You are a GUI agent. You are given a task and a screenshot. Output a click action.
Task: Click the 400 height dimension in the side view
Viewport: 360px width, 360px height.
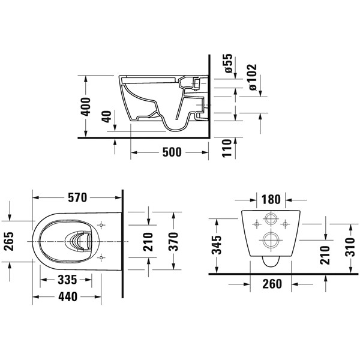(x=86, y=107)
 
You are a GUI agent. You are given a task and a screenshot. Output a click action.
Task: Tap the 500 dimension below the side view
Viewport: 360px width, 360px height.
(x=172, y=152)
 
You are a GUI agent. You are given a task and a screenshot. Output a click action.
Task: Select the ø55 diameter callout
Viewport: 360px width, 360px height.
(x=229, y=64)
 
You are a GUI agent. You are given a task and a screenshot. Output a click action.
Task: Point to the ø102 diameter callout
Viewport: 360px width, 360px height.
(x=253, y=77)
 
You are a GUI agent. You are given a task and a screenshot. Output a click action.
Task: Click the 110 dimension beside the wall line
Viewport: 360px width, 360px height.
(x=227, y=148)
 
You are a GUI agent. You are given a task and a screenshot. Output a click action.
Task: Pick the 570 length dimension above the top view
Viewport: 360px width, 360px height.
(x=77, y=197)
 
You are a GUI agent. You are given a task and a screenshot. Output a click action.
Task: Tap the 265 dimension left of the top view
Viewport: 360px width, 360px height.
(x=10, y=241)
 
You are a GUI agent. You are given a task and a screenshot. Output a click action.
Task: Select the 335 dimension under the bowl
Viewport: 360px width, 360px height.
(x=67, y=280)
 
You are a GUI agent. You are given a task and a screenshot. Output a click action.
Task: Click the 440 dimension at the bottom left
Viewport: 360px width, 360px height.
(x=68, y=297)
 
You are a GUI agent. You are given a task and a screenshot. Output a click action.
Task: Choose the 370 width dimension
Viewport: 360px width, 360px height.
(x=173, y=242)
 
